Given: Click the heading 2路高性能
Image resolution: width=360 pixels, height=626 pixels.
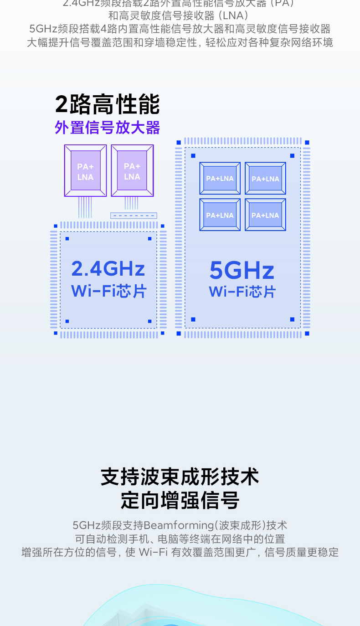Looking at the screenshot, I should pyautogui.click(x=108, y=104).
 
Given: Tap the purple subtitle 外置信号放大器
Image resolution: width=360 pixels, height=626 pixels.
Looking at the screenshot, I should pyautogui.click(x=108, y=128).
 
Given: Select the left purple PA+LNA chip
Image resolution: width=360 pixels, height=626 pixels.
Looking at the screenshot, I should pyautogui.click(x=85, y=171).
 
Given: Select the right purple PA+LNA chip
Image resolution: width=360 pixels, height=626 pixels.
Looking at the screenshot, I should pyautogui.click(x=132, y=171).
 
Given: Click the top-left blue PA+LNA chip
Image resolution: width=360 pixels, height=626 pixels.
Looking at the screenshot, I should pyautogui.click(x=220, y=178).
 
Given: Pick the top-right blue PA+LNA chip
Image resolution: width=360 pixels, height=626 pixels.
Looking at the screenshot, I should pyautogui.click(x=265, y=178).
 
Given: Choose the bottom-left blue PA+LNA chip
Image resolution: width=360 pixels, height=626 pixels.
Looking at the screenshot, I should pyautogui.click(x=220, y=215).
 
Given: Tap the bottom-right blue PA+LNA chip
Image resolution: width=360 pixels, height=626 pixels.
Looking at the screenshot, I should pyautogui.click(x=265, y=215).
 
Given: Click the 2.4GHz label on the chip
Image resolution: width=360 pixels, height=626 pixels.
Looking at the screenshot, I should pyautogui.click(x=108, y=269).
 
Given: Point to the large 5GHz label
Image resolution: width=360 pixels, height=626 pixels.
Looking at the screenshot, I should pyautogui.click(x=242, y=270).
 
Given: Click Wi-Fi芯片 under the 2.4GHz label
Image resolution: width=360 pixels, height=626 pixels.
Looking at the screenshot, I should pyautogui.click(x=108, y=291).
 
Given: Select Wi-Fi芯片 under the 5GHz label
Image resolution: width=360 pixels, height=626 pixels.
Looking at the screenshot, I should pyautogui.click(x=242, y=292).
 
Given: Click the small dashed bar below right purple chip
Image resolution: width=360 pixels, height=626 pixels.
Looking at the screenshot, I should pyautogui.click(x=134, y=216).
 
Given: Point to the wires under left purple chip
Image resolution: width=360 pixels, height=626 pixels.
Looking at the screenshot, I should pyautogui.click(x=85, y=207).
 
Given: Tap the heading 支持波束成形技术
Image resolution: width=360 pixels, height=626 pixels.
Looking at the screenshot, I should pyautogui.click(x=180, y=477).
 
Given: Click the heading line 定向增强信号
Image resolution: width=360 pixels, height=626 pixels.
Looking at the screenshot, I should pyautogui.click(x=180, y=500).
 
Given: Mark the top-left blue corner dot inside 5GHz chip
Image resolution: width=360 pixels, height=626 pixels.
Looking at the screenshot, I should pyautogui.click(x=193, y=156).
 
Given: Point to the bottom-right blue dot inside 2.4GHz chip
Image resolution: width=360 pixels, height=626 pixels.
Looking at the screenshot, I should pyautogui.click(x=149, y=321).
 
